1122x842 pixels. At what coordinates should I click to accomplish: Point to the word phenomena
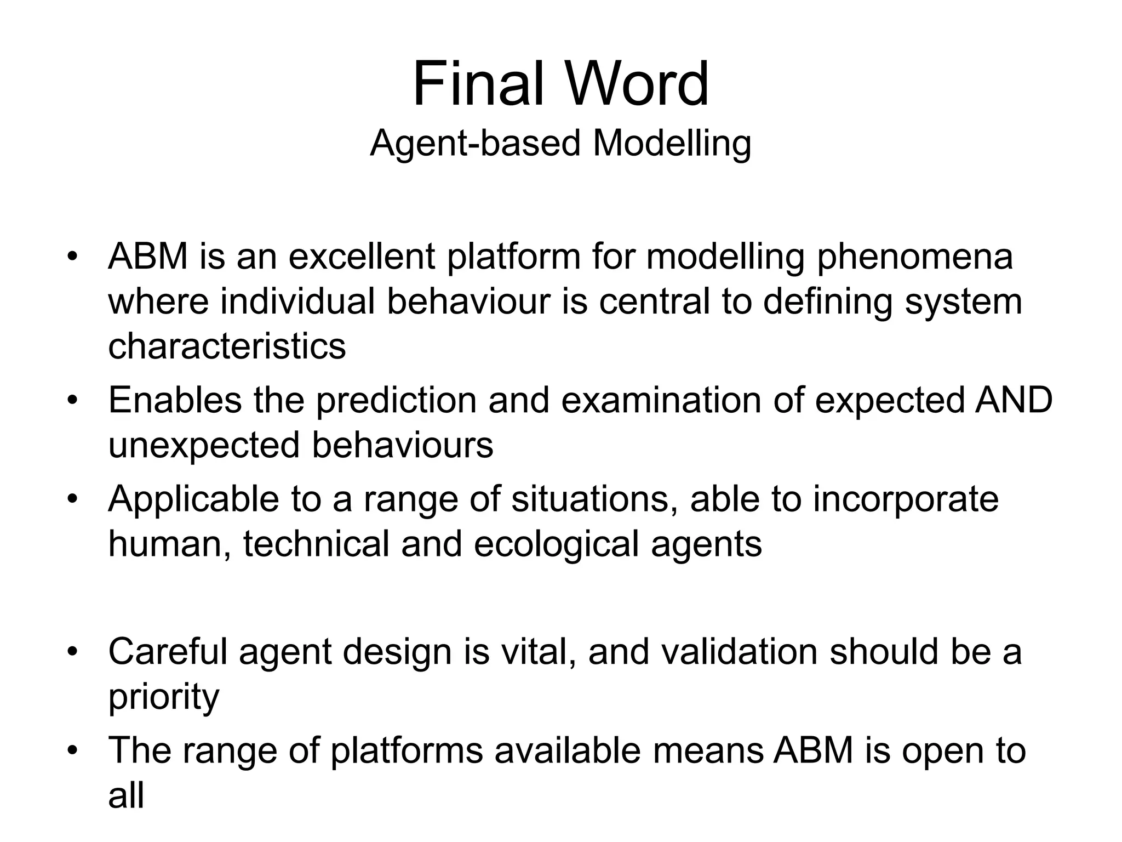coord(914,258)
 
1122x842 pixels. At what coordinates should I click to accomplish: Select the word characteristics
coord(227,347)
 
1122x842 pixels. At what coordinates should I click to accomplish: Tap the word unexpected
coord(204,446)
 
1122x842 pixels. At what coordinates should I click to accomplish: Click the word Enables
coord(175,400)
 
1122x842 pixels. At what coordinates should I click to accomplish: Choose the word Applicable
coord(193,500)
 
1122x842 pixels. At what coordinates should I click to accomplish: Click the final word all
coord(126,796)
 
